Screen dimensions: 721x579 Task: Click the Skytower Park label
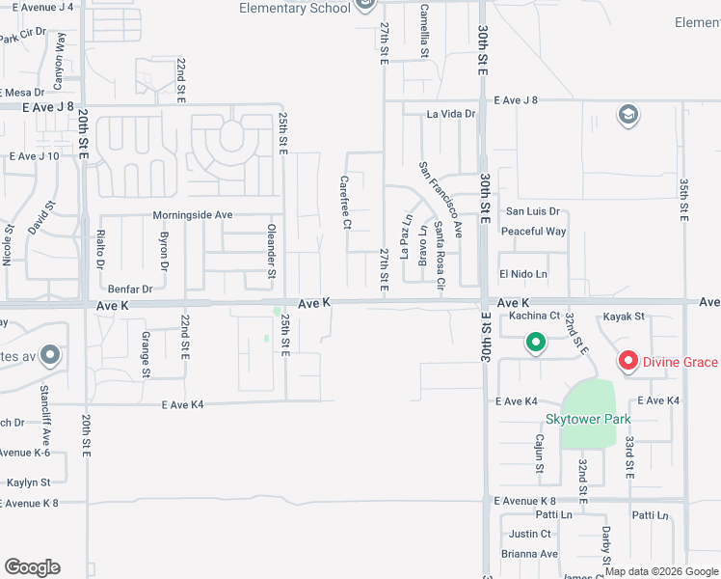tap(588, 419)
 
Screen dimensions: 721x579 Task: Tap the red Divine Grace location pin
tap(628, 362)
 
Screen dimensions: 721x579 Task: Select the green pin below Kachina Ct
tap(536, 342)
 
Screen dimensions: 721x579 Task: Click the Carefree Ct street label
tap(344, 202)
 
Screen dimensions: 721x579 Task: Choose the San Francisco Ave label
tap(441, 199)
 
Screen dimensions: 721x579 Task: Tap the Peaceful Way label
tap(533, 232)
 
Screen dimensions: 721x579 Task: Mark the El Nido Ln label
tap(522, 274)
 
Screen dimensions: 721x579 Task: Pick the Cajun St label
tap(539, 454)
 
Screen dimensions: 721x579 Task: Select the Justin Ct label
tap(530, 534)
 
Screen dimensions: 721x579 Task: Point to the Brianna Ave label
tap(529, 554)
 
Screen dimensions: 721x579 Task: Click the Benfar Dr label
tap(130, 289)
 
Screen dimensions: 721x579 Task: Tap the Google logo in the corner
tap(32, 567)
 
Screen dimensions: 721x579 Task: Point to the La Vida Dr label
tap(452, 114)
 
